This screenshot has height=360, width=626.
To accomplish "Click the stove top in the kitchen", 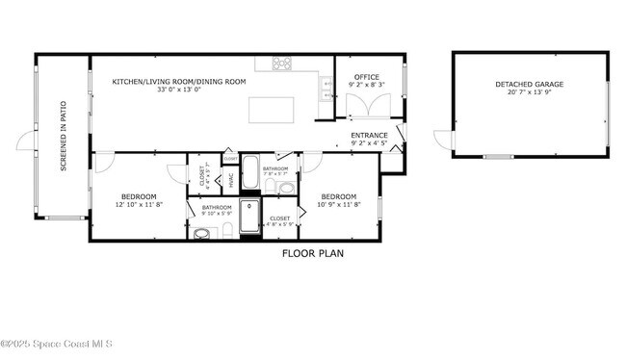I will click(282, 64).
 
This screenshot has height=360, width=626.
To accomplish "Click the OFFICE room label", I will click(366, 77).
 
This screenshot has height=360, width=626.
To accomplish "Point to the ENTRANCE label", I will click(369, 135).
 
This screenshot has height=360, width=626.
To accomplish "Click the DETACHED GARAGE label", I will click(530, 85).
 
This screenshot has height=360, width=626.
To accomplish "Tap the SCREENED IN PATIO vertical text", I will click(64, 137).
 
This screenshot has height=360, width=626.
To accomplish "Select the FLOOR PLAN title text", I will click(312, 254).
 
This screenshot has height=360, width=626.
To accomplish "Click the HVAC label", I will click(231, 180).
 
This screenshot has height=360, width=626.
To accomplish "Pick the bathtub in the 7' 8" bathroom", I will click(249, 174).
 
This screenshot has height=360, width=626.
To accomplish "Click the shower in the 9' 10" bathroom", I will click(249, 217).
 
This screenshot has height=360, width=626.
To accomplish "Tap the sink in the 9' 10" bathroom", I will click(202, 233).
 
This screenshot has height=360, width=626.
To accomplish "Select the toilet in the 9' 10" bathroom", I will click(225, 229).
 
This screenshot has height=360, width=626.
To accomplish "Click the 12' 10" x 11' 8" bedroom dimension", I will click(140, 204).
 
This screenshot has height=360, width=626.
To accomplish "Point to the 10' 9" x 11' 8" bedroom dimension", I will click(341, 203).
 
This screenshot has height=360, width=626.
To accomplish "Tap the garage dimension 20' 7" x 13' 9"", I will click(530, 94).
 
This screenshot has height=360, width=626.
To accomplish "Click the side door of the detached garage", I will click(444, 141).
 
